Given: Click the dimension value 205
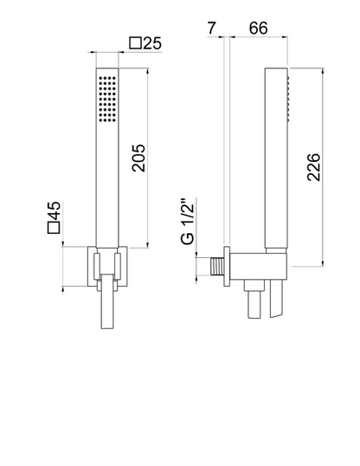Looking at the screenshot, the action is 138,158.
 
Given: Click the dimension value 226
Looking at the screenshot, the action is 313,167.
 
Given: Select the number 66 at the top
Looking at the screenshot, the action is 258,29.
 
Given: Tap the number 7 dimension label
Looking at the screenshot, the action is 211,29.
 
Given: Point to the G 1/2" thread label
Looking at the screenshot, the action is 188,221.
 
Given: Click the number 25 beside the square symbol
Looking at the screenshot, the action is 152,43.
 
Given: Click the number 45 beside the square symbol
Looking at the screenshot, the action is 54,210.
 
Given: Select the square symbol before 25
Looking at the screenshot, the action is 136,43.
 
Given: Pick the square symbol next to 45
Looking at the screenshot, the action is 54,227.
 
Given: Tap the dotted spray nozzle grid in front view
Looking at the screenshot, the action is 107,99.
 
